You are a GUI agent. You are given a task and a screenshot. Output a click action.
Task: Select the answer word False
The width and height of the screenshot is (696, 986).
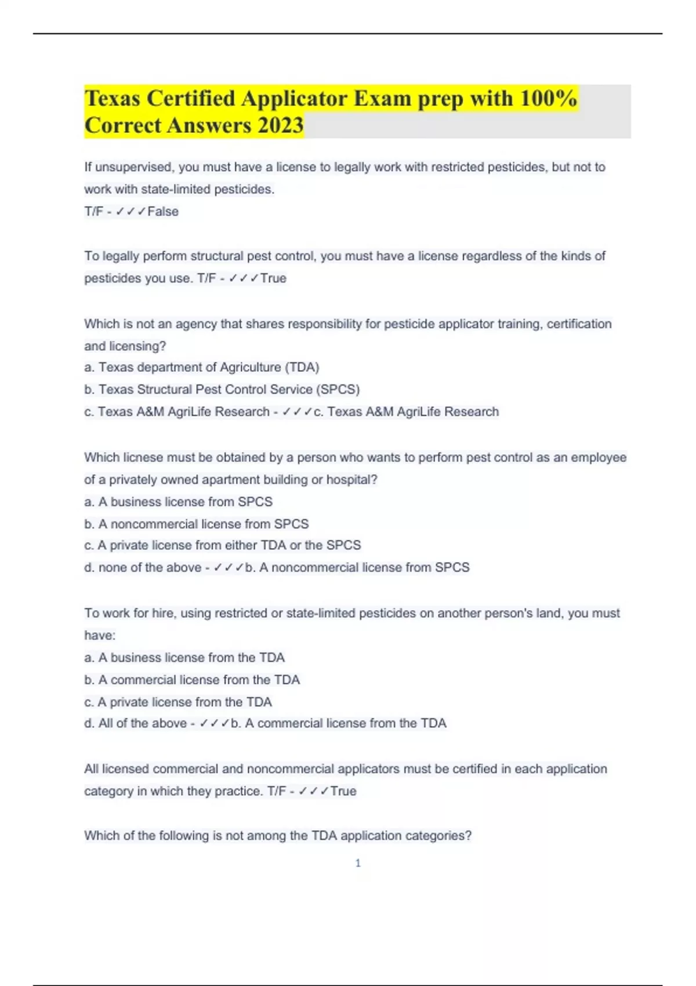tap(163, 212)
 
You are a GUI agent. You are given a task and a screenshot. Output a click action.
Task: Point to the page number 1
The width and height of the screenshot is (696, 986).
tap(358, 863)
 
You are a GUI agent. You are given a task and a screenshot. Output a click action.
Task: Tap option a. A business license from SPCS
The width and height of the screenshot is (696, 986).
tap(179, 502)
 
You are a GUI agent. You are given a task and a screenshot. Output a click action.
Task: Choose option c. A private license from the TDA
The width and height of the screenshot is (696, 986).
tap(178, 702)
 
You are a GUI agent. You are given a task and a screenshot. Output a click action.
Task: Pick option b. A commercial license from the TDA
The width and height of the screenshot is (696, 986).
tap(192, 680)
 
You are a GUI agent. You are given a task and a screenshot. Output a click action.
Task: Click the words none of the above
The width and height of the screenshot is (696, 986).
tap(150, 567)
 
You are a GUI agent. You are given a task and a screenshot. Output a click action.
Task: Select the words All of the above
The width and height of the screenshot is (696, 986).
tap(142, 723)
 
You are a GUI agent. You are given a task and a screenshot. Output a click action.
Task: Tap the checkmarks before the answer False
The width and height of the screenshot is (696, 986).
tap(130, 212)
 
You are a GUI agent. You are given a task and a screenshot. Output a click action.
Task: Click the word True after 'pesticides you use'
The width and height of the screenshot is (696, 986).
tap(273, 278)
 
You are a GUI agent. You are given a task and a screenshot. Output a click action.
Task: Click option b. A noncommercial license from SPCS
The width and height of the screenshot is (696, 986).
tap(197, 524)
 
